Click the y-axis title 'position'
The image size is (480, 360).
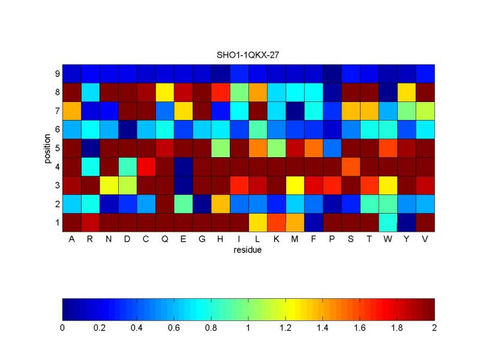(47, 148)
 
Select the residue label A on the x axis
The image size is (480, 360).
(72, 239)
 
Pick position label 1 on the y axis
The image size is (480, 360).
(57, 222)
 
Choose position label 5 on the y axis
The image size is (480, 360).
(57, 148)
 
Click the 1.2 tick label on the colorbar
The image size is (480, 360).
(286, 328)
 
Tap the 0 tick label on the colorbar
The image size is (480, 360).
(62, 328)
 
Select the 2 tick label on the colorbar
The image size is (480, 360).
(434, 328)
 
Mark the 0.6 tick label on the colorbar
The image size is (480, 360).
(174, 328)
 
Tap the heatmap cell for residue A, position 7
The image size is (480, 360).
(72, 111)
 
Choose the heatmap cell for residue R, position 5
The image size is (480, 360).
(91, 148)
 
